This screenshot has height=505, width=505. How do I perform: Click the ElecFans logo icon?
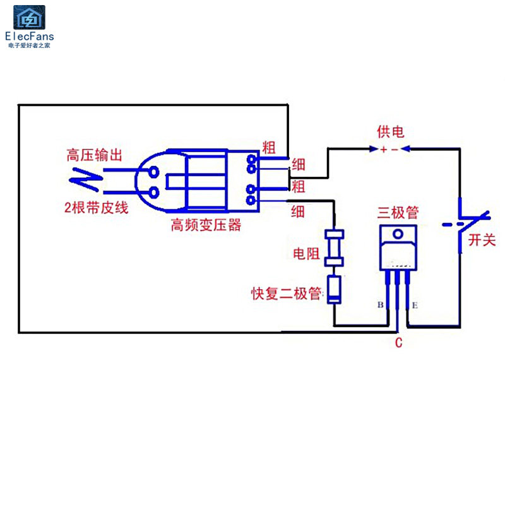(29, 18)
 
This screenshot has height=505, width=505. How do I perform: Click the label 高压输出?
(94, 155)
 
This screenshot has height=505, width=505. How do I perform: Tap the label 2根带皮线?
(97, 208)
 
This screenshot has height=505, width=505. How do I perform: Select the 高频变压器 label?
(206, 225)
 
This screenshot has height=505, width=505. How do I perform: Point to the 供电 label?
(390, 132)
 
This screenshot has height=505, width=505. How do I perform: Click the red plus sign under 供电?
(383, 150)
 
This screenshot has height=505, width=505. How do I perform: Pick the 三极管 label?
(398, 213)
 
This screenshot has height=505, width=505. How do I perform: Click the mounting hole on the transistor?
(398, 234)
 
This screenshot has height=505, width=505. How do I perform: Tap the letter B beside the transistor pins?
(381, 304)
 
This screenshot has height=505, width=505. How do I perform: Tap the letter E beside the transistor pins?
(415, 305)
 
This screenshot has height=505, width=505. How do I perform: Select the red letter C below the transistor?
(399, 342)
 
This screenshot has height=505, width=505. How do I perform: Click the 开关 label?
(482, 240)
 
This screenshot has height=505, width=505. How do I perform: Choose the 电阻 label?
(306, 254)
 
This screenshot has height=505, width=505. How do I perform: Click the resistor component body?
(334, 247)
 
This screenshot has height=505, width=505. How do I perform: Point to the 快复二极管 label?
(286, 293)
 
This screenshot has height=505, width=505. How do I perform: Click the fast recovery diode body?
(334, 290)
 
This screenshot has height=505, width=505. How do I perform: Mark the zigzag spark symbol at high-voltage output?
(86, 179)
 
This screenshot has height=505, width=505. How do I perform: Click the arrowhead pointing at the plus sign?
(374, 149)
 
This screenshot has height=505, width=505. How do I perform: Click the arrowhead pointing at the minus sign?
(405, 149)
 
